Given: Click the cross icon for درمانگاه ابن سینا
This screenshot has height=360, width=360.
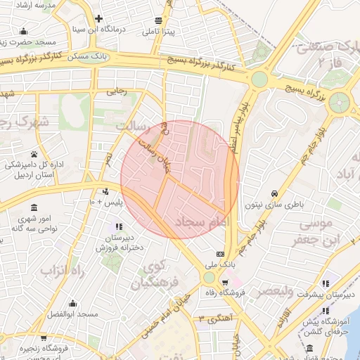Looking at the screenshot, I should click(98, 19).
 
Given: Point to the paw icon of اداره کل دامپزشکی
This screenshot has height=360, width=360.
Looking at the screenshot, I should click(34, 154).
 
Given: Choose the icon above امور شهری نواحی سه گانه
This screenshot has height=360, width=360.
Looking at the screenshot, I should click(34, 207).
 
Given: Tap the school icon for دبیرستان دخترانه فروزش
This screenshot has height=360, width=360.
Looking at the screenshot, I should click(118, 226).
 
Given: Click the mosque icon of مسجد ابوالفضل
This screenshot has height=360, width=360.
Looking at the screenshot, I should click(72, 304).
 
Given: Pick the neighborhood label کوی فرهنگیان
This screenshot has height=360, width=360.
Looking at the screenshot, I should click(150, 276).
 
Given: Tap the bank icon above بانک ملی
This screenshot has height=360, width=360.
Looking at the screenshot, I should click(221, 254).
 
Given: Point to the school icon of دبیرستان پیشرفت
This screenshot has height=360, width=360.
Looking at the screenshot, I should click(324, 283).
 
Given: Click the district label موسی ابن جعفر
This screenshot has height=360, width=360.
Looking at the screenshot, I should click(319, 233).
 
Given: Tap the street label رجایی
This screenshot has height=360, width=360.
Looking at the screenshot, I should click(117, 91).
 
